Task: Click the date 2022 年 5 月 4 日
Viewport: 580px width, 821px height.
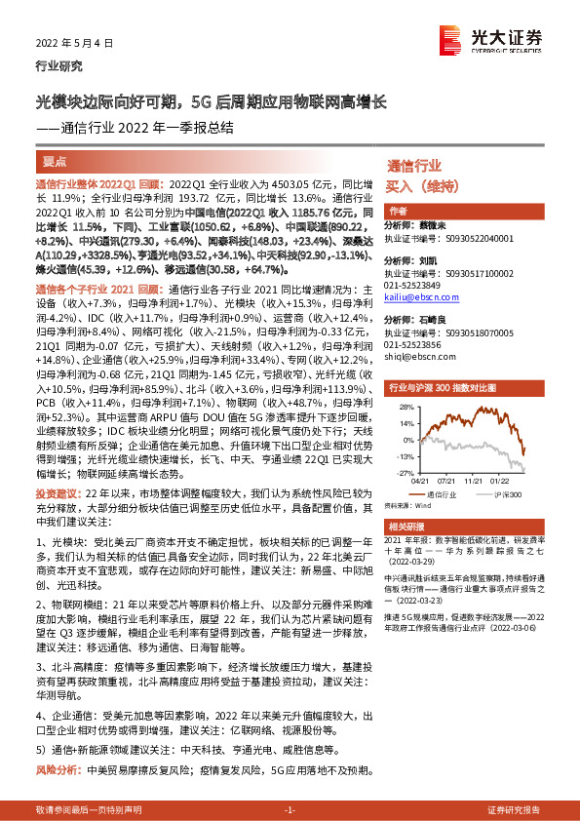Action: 75,43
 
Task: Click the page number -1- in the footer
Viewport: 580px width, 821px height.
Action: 290,810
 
